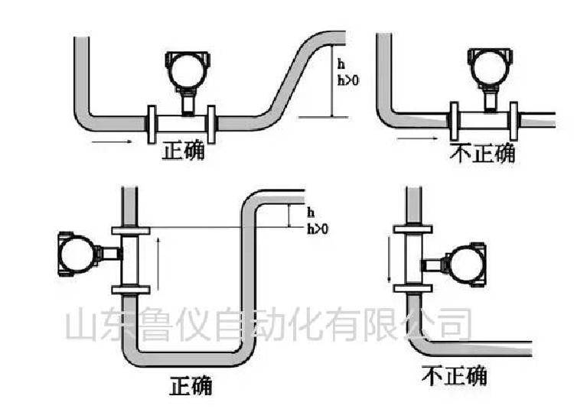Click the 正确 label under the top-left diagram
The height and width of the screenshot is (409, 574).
(183, 151)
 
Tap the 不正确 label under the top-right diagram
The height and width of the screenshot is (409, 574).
(482, 153)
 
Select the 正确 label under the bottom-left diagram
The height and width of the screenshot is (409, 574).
(191, 385)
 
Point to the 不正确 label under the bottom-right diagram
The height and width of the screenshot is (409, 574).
(455, 375)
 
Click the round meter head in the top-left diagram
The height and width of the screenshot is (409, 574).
(188, 70)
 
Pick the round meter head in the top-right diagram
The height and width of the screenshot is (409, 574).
(491, 68)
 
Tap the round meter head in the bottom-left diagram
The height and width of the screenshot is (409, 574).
(77, 254)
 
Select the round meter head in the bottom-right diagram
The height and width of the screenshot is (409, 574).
(466, 264)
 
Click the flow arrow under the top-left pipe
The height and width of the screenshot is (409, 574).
(112, 141)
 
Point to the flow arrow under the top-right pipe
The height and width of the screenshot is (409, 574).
(417, 138)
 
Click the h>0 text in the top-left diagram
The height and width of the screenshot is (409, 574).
(348, 80)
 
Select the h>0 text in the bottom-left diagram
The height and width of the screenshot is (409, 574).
(318, 229)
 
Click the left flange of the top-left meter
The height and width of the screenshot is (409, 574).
(152, 125)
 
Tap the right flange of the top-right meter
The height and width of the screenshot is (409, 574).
(514, 122)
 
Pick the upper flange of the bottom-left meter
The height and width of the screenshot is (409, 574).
(131, 231)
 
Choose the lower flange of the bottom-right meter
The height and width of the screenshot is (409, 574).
(413, 288)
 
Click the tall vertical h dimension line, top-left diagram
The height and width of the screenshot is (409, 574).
(332, 80)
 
